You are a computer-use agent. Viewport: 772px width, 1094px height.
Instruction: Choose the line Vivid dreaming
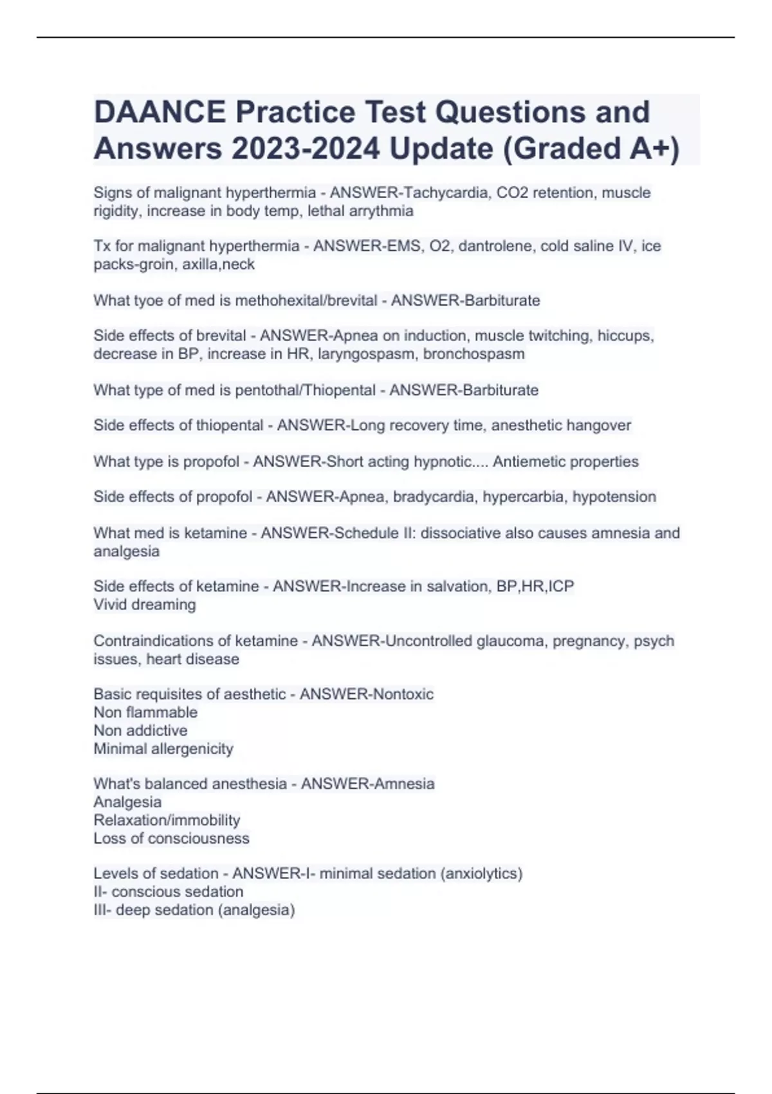tap(145, 605)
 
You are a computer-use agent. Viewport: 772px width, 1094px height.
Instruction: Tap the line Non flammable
tap(145, 712)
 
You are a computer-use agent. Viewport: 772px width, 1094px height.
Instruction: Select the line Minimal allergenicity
tap(163, 748)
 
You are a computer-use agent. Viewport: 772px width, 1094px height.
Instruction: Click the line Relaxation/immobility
tap(167, 820)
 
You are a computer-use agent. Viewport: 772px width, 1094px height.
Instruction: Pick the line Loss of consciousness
tap(171, 838)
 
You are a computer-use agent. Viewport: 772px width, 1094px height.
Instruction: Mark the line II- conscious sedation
tap(169, 891)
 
